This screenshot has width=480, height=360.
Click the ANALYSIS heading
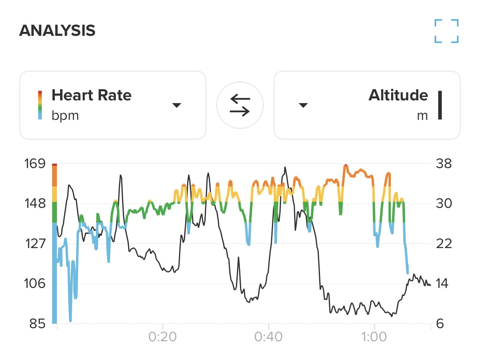click(x=57, y=31)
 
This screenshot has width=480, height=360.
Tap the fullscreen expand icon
click(x=447, y=31)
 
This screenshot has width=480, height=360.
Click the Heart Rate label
click(x=91, y=96)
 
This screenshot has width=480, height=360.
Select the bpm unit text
click(x=65, y=116)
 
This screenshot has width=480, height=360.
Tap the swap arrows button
click(x=240, y=105)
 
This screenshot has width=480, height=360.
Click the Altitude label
click(x=398, y=96)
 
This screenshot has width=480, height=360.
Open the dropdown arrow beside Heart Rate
click(x=176, y=105)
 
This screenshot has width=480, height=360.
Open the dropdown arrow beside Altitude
click(x=303, y=105)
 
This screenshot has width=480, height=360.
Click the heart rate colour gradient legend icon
click(x=40, y=105)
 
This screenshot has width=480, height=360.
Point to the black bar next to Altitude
click(x=440, y=105)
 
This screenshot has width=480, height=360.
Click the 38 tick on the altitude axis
click(x=444, y=164)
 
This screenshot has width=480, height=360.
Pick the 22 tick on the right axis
click(x=444, y=244)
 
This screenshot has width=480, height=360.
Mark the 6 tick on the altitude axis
click(x=440, y=324)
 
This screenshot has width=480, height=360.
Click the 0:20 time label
click(x=162, y=337)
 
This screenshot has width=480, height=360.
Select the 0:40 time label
click(x=269, y=337)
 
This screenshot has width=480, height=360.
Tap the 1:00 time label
click(x=375, y=337)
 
